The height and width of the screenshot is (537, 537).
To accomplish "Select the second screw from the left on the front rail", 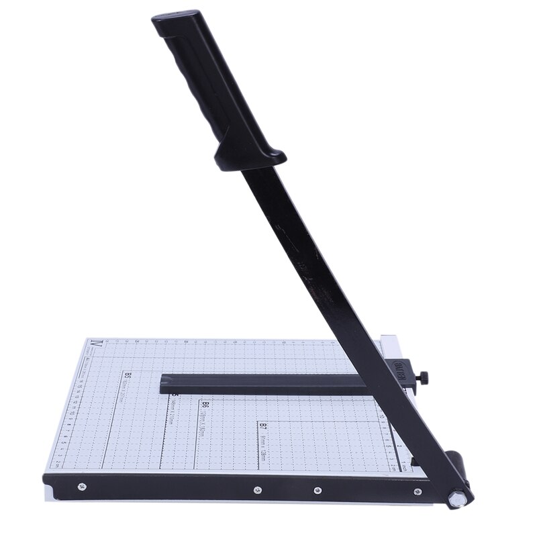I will [x=258, y=490].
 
